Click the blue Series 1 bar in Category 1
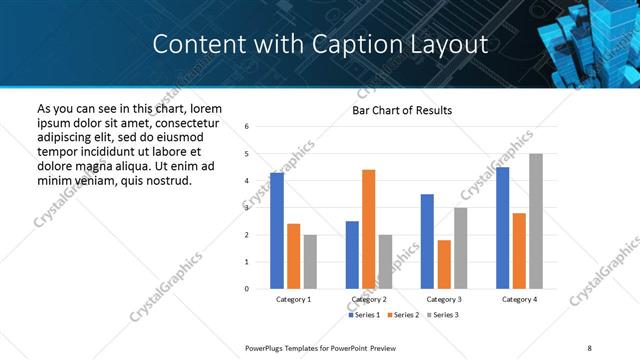[x=277, y=231]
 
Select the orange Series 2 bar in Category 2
[x=368, y=229]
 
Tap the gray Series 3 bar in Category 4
[x=536, y=221]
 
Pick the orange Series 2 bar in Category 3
[x=444, y=264]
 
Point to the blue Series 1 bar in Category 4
[x=502, y=228]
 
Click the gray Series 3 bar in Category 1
[x=310, y=262]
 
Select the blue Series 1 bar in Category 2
[x=352, y=255]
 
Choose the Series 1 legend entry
[x=365, y=315]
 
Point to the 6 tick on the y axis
[x=247, y=126]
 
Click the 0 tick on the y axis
[x=247, y=289]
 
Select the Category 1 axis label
[x=294, y=299]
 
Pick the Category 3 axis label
[x=444, y=299]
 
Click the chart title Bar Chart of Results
[x=402, y=110]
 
